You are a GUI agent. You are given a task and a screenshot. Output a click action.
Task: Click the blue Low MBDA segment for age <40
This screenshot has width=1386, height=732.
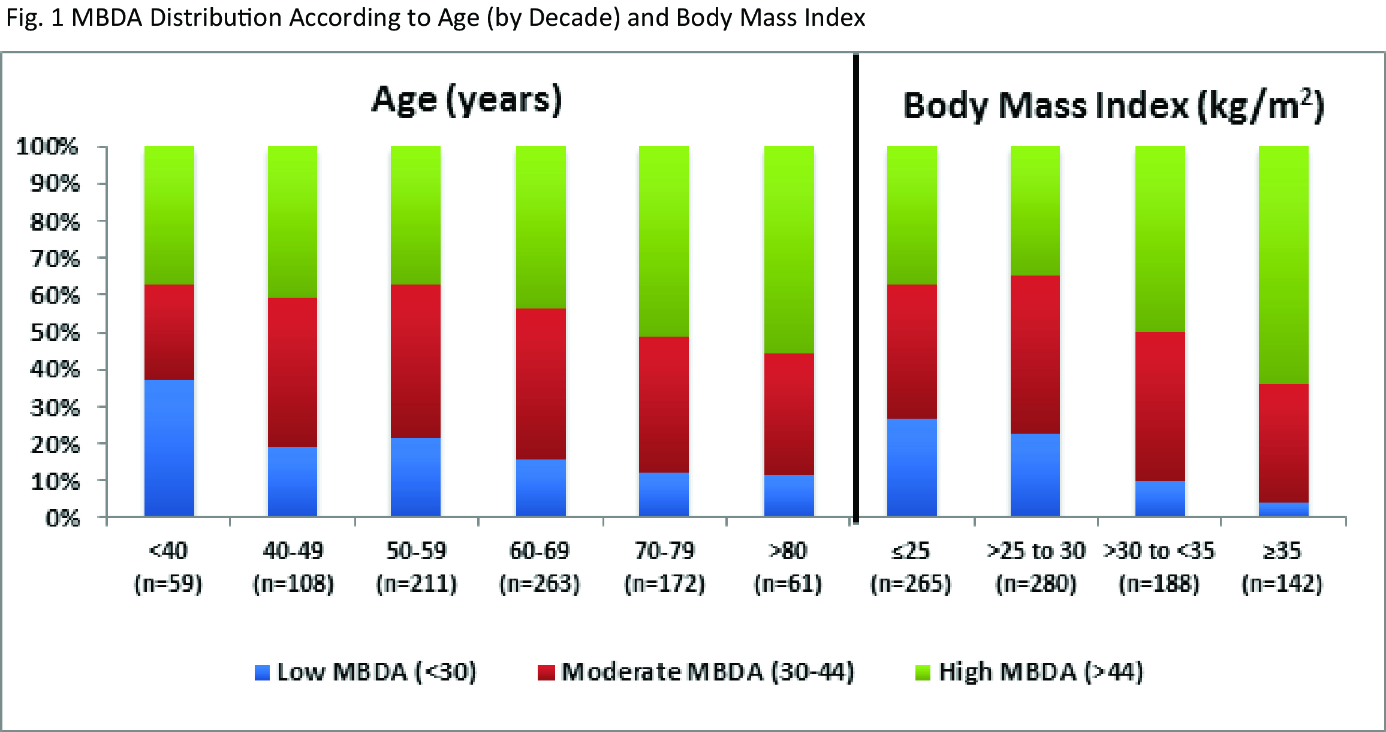click(x=169, y=447)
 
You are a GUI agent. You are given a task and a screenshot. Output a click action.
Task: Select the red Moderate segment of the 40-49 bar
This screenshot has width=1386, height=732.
click(x=293, y=372)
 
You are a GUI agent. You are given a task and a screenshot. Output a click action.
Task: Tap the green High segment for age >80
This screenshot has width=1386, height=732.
click(x=789, y=249)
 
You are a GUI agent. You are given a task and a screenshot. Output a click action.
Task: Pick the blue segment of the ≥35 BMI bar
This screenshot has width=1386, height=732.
click(x=1283, y=509)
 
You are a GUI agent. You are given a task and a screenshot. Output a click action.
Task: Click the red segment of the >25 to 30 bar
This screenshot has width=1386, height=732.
click(x=1035, y=354)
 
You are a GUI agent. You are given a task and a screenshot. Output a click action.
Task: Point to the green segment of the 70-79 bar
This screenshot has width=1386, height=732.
click(x=664, y=241)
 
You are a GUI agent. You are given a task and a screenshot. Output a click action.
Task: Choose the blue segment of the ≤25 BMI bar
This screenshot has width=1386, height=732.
click(x=912, y=467)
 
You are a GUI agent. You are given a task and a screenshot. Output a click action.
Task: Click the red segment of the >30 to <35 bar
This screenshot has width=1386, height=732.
click(x=1160, y=406)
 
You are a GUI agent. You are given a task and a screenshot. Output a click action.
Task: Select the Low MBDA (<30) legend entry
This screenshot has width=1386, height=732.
click(x=366, y=672)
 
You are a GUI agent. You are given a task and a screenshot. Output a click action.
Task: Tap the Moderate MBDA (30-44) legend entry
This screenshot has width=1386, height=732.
click(x=696, y=672)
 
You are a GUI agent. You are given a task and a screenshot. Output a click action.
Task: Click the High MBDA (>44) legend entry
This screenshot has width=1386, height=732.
click(x=1030, y=672)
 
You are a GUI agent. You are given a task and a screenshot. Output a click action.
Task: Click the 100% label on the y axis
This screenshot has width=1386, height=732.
click(x=47, y=146)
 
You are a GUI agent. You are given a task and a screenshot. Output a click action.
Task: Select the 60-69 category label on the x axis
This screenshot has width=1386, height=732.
click(x=540, y=550)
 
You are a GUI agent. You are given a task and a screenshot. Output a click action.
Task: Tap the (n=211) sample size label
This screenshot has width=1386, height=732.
click(x=417, y=583)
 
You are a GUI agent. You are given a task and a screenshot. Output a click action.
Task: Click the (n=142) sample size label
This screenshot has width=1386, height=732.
click(x=1282, y=583)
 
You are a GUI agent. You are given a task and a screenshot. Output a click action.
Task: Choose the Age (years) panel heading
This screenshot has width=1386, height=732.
click(x=467, y=100)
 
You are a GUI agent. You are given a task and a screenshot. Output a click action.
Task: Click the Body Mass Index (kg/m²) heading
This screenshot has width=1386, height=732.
click(x=1113, y=106)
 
